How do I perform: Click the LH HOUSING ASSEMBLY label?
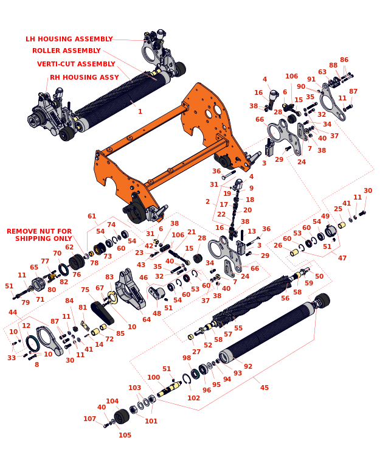click(69, 39)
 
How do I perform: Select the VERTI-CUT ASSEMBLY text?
click(76, 64)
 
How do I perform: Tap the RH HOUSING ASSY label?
click(85, 77)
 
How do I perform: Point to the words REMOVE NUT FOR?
click(40, 231)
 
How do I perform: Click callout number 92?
click(248, 366)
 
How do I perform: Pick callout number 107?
click(89, 419)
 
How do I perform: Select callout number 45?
click(265, 388)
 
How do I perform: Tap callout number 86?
click(344, 60)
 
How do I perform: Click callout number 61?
click(92, 216)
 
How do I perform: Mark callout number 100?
click(154, 377)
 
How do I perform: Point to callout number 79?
click(26, 302)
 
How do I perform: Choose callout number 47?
click(342, 258)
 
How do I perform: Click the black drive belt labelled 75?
click(102, 313)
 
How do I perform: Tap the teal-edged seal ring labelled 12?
click(32, 343)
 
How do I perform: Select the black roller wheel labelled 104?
click(122, 417)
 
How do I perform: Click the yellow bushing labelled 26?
click(294, 253)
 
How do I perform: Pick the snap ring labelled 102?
click(187, 378)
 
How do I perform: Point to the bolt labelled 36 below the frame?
click(229, 175)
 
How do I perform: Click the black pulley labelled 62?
click(77, 262)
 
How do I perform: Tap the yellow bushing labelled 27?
click(190, 337)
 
